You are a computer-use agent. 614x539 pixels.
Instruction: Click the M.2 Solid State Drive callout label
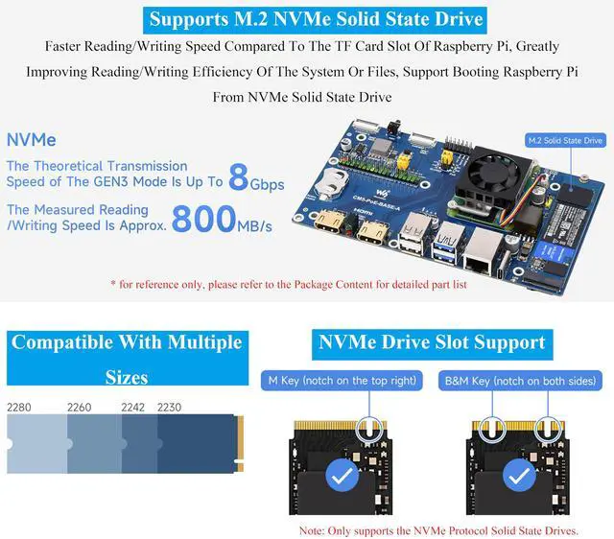pos(565,141)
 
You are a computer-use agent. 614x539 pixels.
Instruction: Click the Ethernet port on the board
pos(478,251)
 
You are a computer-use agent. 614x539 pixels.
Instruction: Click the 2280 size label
pos(19,408)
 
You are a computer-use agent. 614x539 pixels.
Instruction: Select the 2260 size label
pos(80,408)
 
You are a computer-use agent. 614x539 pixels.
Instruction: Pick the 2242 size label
pos(133,408)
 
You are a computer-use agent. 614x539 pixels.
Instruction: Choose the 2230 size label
pos(168,408)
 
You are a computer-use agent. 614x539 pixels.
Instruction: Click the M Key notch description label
pos(341,381)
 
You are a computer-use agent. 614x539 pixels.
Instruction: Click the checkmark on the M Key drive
pos(341,475)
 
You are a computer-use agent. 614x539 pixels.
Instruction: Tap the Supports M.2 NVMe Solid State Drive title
pos(316,17)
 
